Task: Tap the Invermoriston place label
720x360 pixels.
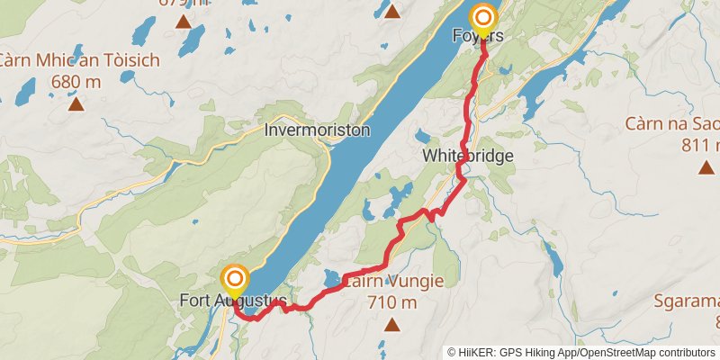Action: point(317,130)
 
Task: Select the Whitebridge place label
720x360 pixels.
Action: point(468,156)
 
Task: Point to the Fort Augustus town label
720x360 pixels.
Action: point(233,300)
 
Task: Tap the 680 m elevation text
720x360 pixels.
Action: point(76,82)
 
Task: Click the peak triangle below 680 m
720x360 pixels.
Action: point(76,104)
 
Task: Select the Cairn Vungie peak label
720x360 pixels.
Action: point(392,282)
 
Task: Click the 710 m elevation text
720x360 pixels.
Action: point(392,302)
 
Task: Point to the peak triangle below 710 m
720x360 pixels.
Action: point(391,323)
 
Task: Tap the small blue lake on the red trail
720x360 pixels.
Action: point(331,278)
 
